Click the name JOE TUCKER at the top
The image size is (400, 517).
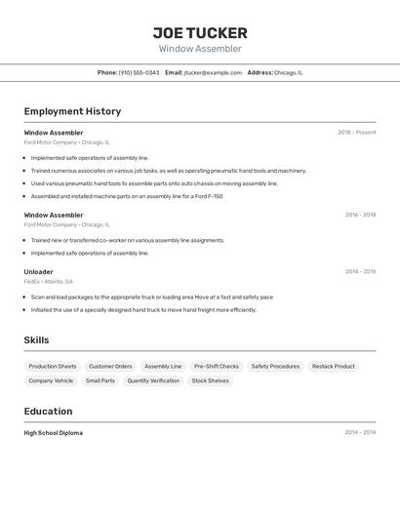200,33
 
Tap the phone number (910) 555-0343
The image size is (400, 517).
139,72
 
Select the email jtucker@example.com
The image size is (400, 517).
212,72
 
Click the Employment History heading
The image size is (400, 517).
72,111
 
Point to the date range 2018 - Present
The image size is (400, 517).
356,133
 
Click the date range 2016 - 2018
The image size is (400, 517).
360,215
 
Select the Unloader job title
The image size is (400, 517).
39,272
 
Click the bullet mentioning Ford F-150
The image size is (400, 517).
127,196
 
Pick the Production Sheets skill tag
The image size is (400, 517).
53,367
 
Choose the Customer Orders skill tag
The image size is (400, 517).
110,367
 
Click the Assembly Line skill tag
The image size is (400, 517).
163,367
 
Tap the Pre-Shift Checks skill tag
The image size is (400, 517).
216,367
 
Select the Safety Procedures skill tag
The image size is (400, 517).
275,367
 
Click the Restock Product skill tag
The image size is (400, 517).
334,367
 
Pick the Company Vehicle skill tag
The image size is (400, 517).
51,381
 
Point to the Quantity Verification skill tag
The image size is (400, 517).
153,381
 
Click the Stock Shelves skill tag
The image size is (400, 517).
210,381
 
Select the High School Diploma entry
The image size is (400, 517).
54,433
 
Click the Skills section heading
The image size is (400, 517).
37,339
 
